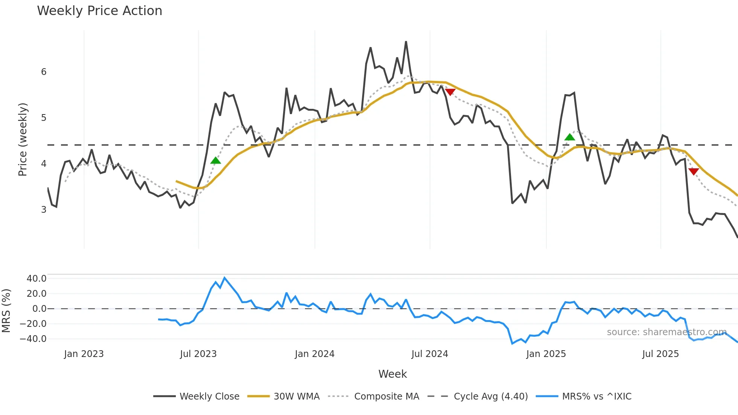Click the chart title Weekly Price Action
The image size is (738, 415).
[99, 11]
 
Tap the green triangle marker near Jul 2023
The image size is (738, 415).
[215, 161]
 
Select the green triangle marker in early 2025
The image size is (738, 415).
[570, 137]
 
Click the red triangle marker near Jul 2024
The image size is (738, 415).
[450, 92]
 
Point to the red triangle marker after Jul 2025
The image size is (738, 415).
[694, 171]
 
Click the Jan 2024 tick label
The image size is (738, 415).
[314, 354]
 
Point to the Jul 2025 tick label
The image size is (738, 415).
[660, 354]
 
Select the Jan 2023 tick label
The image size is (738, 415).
[84, 354]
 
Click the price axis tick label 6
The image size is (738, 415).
[44, 72]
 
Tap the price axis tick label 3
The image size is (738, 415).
[44, 209]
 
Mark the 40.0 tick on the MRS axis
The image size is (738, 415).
[37, 279]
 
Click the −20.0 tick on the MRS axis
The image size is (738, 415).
[34, 324]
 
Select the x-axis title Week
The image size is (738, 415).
[392, 374]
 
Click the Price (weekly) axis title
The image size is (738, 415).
[23, 139]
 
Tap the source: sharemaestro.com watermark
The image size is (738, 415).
[666, 332]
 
